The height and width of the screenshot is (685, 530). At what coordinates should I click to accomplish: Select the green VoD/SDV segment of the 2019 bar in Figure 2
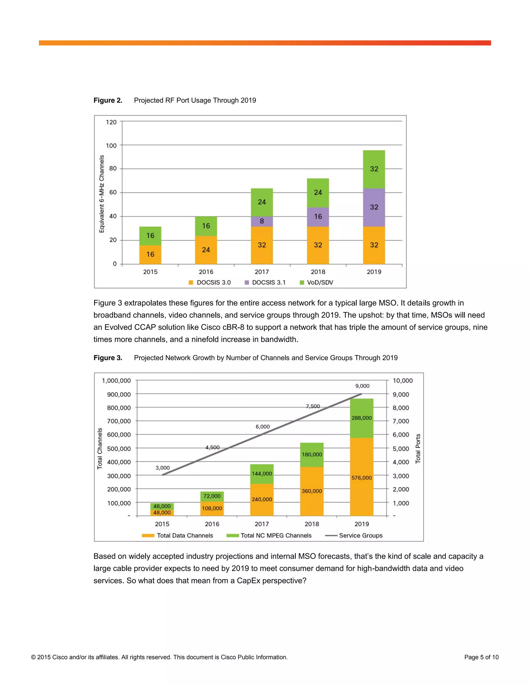[x=374, y=169]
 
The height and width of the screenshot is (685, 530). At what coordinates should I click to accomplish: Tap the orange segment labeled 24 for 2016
[x=206, y=250]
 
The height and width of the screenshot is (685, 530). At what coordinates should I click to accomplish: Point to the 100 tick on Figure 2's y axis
[x=111, y=146]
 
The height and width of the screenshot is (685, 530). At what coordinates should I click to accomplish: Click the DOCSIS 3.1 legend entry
[x=265, y=282]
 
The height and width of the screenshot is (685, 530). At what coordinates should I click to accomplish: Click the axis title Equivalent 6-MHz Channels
[x=101, y=194]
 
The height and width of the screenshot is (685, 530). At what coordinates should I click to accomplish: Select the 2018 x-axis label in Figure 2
[x=318, y=272]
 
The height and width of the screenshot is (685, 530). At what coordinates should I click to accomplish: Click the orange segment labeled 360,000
[x=312, y=491]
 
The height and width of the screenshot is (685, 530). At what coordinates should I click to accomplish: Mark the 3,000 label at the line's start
[x=162, y=468]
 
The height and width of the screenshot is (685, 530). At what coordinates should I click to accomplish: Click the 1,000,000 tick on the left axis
[x=116, y=380]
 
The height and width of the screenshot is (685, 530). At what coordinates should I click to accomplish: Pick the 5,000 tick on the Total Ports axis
[x=401, y=448]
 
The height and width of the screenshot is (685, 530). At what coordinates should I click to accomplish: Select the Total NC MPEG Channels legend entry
[x=269, y=535]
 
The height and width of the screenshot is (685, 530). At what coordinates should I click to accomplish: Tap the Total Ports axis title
[x=418, y=448]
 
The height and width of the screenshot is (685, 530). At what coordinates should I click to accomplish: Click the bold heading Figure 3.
[x=108, y=358]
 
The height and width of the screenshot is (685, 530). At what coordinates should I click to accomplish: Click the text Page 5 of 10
[x=481, y=657]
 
